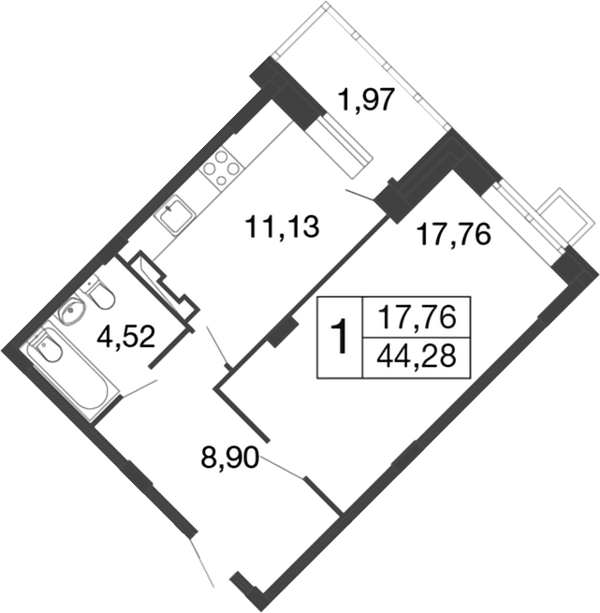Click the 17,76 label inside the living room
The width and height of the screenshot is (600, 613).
click(x=453, y=234)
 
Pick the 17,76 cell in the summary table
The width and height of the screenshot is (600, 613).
click(x=417, y=318)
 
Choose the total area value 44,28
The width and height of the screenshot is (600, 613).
click(x=417, y=358)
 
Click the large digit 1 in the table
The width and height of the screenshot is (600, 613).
click(x=341, y=338)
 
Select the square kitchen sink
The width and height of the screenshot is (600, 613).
click(x=174, y=216)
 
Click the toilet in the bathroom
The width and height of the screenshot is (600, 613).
click(x=99, y=298)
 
